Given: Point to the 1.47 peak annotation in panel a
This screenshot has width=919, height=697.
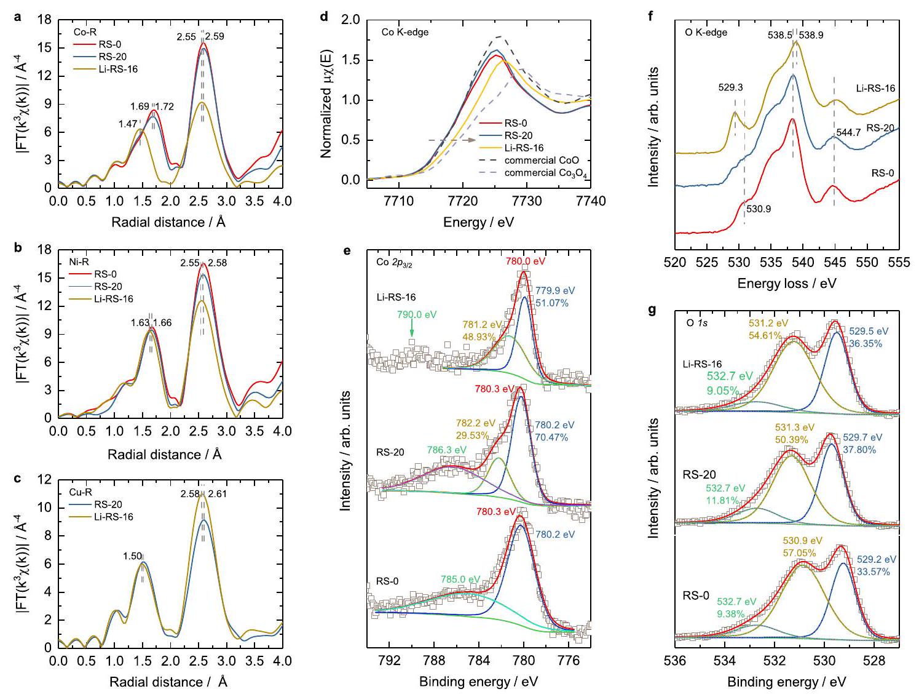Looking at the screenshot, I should click(128, 124).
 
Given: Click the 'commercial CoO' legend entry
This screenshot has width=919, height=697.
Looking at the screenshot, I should click(542, 161).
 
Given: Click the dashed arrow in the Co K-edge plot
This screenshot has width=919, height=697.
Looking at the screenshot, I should click(452, 140).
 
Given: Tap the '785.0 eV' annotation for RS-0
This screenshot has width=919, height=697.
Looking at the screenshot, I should click(460, 579).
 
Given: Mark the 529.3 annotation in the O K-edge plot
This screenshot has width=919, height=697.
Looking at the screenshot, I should click(732, 87).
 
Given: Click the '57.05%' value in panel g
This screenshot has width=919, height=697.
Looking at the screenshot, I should click(799, 553).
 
